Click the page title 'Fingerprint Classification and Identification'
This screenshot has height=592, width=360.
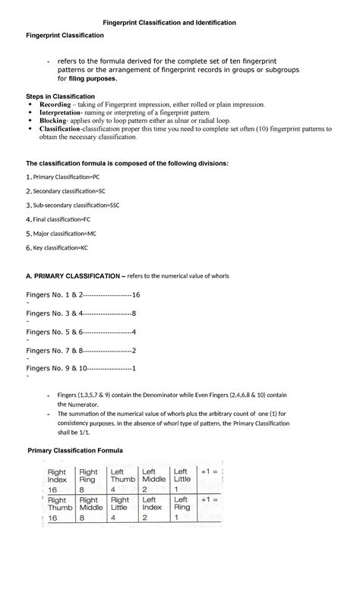[x=180, y=23]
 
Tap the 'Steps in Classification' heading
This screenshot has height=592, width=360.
[x=61, y=96]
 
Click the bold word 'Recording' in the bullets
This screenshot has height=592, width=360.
[x=55, y=104]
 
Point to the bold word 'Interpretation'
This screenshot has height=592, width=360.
[x=61, y=112]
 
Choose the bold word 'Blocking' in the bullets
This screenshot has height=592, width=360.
[x=54, y=121]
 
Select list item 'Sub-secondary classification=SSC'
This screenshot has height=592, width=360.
[x=76, y=205]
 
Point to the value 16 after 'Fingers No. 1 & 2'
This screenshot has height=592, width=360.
[x=137, y=294]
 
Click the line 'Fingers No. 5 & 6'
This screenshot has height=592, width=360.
[x=52, y=332]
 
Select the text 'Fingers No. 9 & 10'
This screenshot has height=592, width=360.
[x=56, y=368]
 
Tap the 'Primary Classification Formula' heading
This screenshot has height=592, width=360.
[x=80, y=451]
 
